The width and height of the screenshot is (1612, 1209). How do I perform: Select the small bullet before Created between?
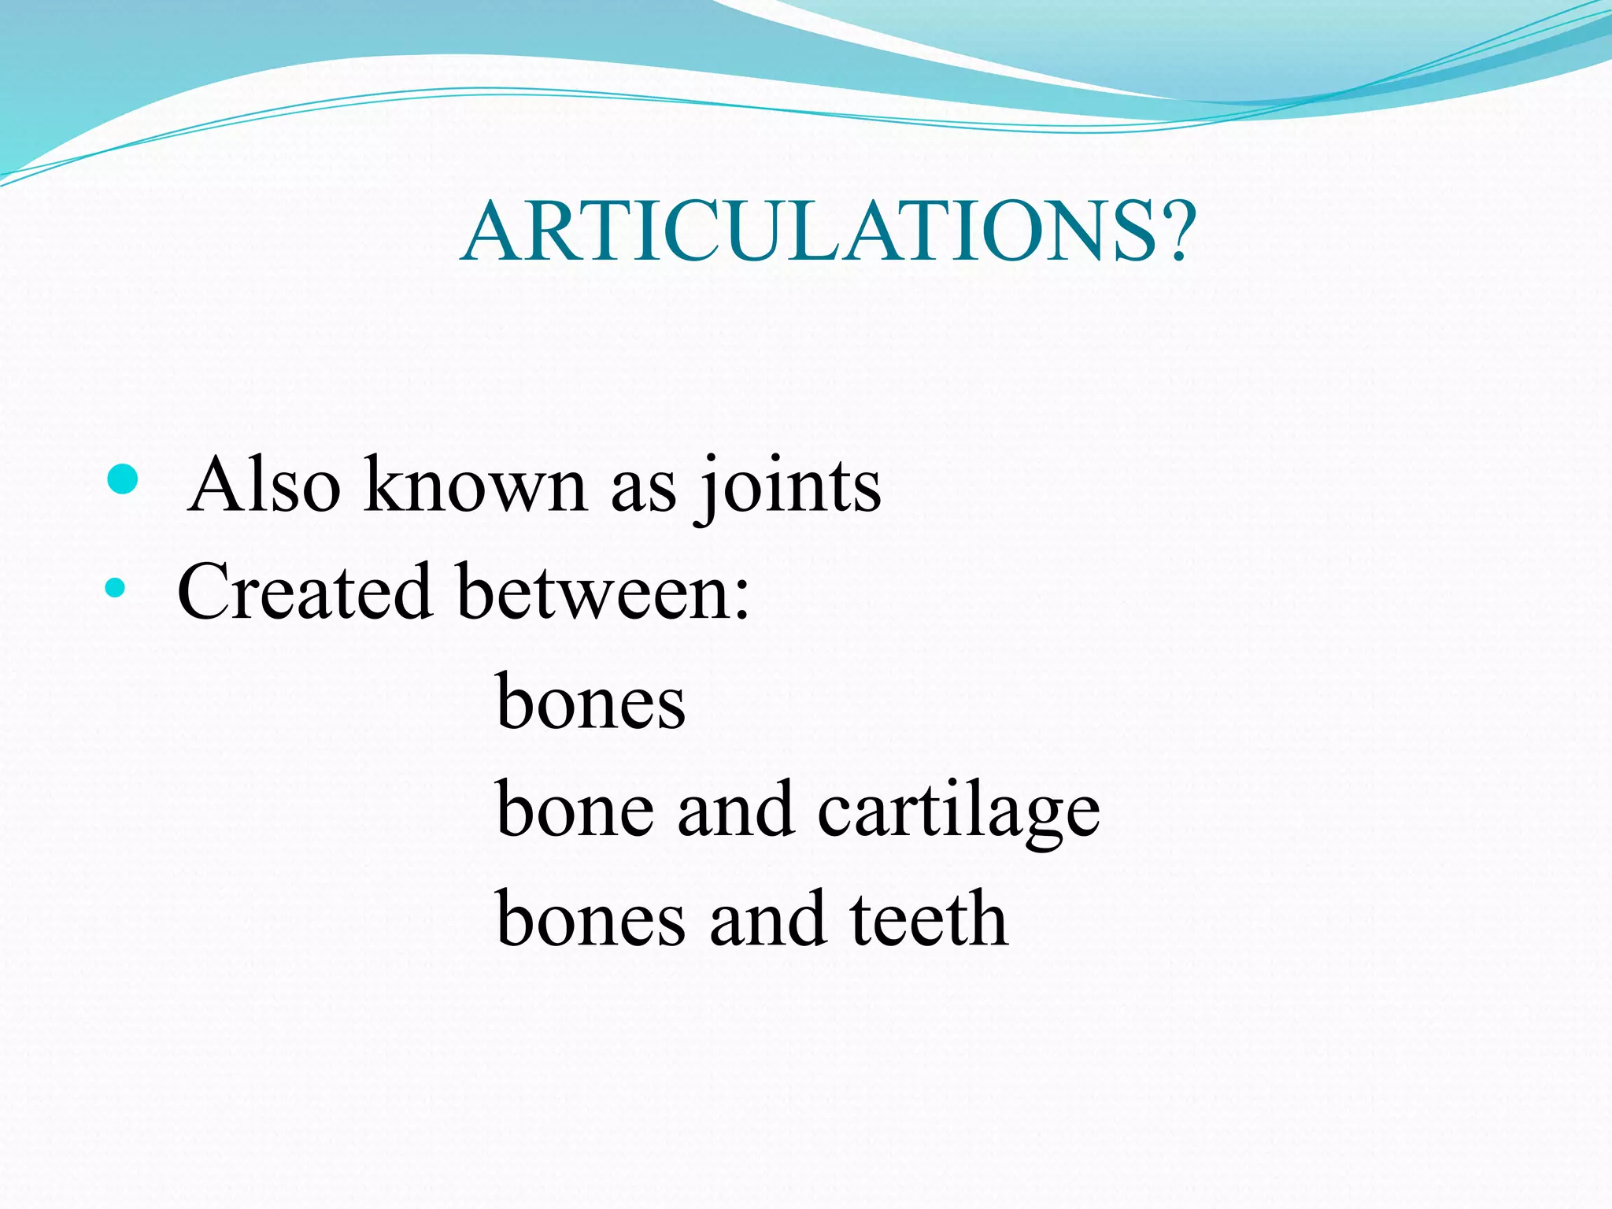[115, 587]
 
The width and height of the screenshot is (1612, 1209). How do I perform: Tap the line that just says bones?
[590, 702]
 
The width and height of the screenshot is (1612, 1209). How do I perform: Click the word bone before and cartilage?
[575, 811]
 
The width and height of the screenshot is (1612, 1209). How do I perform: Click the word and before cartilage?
[735, 811]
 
